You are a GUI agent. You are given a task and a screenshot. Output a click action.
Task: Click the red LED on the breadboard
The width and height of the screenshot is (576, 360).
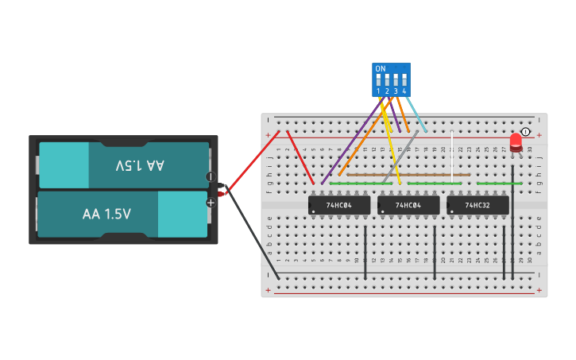pos(516,142)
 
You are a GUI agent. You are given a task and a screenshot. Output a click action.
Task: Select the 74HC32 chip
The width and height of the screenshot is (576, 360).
pos(477,205)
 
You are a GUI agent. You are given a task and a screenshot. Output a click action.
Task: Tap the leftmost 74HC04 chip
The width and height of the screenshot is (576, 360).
pos(339,205)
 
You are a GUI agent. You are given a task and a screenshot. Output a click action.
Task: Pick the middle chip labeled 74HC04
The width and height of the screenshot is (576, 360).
pos(408,205)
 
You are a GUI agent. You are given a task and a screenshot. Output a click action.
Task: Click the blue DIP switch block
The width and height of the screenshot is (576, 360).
pos(391,79)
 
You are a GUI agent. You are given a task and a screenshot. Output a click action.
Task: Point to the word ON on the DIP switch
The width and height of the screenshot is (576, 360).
pos(381,69)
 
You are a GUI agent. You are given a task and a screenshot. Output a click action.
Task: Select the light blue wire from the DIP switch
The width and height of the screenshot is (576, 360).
pos(416,114)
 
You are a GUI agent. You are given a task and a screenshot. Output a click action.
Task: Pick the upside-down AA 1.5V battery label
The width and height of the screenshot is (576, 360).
pos(140,165)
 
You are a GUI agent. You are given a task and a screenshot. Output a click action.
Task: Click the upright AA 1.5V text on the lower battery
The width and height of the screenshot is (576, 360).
pos(106,214)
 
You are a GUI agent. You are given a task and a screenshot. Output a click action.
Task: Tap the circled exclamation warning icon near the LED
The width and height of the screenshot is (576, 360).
pos(525,132)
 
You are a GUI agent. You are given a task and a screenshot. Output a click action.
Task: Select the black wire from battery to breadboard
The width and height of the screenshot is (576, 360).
pos(250,235)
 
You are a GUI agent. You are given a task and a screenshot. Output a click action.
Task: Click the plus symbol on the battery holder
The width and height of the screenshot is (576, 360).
pos(211,203)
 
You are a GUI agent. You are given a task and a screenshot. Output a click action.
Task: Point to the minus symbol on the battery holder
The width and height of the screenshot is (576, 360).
pos(211,176)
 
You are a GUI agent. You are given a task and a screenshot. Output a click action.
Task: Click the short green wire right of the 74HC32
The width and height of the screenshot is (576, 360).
pos(499,184)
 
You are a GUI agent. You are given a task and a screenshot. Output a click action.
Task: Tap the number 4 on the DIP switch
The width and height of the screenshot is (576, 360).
pos(404,91)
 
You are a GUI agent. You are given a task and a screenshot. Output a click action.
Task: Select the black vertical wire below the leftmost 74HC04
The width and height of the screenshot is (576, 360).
pos(365,252)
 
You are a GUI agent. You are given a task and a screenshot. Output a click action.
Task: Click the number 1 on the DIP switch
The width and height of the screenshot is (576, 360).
pos(378,91)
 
